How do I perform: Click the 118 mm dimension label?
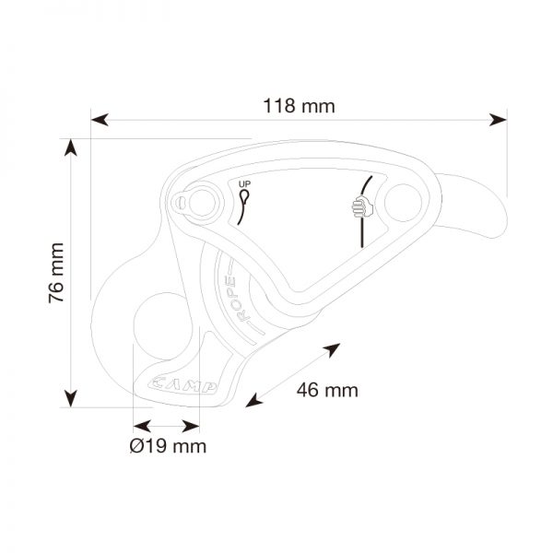pos(299,106)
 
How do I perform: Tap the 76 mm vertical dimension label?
pos(56,273)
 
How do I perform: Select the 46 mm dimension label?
pos(327,390)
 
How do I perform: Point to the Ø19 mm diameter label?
pos(168,446)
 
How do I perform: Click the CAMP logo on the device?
pos(182,385)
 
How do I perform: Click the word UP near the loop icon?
pos(245,184)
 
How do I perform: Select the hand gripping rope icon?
pos(362,207)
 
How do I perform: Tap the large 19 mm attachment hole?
pos(163,326)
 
